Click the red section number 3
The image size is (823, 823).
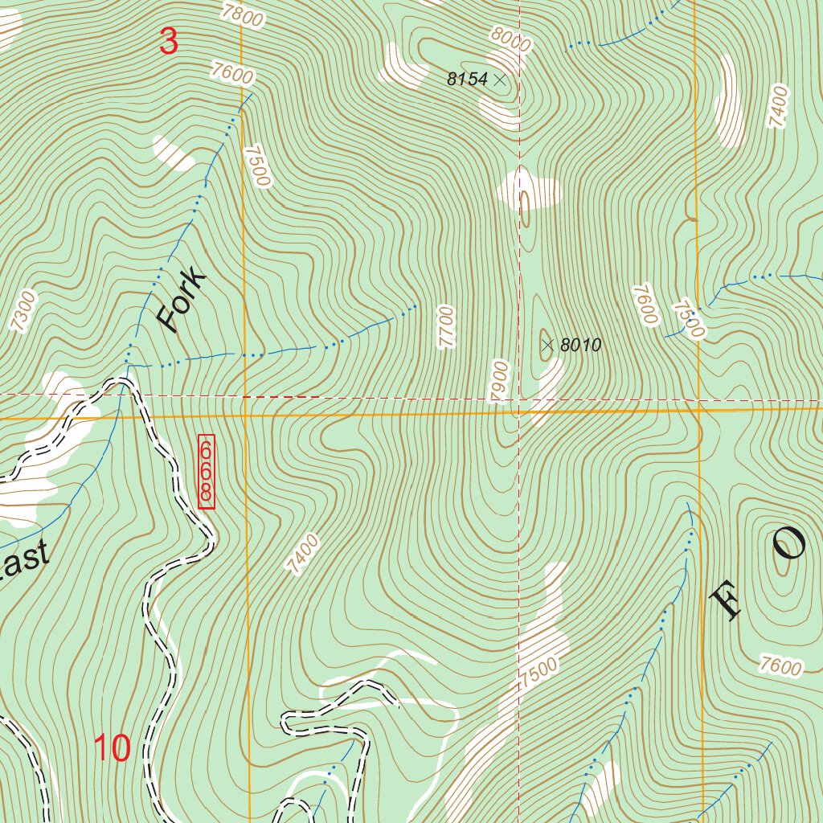pyautogui.click(x=168, y=42)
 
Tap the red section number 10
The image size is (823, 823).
pyautogui.click(x=113, y=748)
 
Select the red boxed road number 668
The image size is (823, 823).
pyautogui.click(x=207, y=472)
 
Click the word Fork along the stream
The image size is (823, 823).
pyautogui.click(x=182, y=303)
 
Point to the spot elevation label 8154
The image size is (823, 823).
pyautogui.click(x=468, y=80)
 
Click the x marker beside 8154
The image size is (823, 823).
pyautogui.click(x=500, y=80)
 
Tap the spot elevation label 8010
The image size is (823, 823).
pyautogui.click(x=580, y=346)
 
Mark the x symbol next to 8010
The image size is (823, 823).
pyautogui.click(x=547, y=346)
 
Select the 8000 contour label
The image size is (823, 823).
pyautogui.click(x=510, y=38)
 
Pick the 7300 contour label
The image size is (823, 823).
pyautogui.click(x=25, y=311)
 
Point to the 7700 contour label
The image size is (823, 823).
pyautogui.click(x=447, y=326)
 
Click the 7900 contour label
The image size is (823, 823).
pyautogui.click(x=501, y=378)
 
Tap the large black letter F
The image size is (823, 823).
pyautogui.click(x=725, y=603)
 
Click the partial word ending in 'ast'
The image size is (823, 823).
pyautogui.click(x=24, y=559)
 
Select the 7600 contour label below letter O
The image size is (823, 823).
pyautogui.click(x=780, y=665)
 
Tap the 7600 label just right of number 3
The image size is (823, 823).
pyautogui.click(x=233, y=74)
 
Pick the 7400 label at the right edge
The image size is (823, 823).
pyautogui.click(x=778, y=107)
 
